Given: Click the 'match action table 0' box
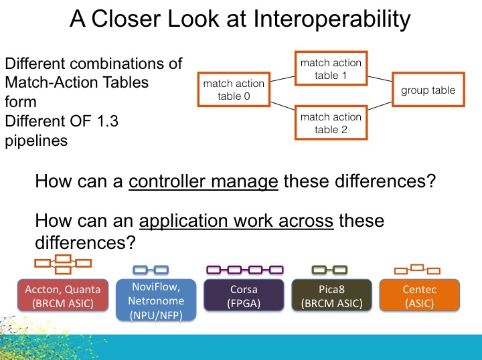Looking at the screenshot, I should [234, 90].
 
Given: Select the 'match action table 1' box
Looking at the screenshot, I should [330, 69].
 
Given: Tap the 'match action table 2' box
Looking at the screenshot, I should [330, 123].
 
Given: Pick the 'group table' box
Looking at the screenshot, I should [428, 90].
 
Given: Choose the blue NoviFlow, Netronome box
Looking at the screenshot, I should [155, 300].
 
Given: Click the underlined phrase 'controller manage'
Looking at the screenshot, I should [204, 181].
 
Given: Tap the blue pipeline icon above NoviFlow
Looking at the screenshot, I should [151, 270].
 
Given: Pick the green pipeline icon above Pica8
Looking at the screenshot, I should [329, 270].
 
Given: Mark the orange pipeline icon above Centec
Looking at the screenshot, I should [416, 270].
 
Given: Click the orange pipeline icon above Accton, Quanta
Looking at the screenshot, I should [63, 264].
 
